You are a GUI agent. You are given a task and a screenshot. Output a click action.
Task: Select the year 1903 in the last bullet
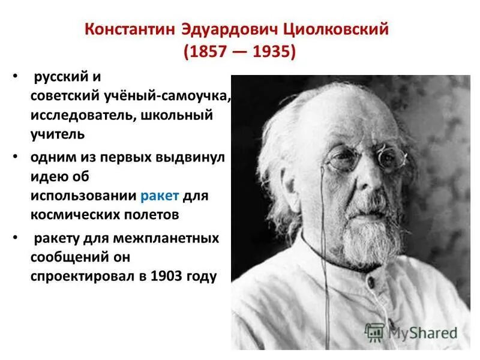[169, 278]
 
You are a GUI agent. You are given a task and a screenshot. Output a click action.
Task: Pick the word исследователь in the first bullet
[82, 115]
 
